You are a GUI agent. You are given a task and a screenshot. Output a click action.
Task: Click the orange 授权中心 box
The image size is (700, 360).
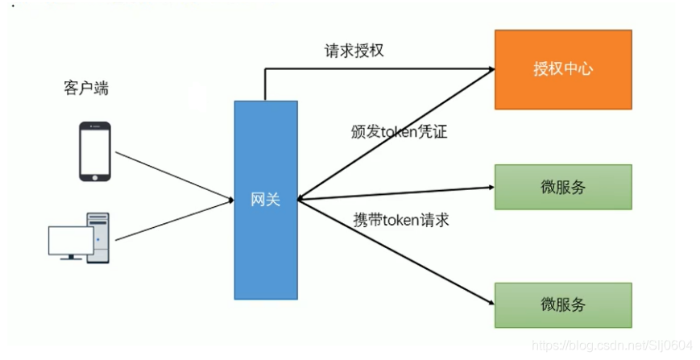pyautogui.click(x=562, y=69)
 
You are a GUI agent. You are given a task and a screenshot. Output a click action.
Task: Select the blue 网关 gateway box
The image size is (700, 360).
pyautogui.click(x=265, y=199)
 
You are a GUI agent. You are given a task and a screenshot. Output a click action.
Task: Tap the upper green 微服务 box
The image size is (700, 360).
pyautogui.click(x=562, y=188)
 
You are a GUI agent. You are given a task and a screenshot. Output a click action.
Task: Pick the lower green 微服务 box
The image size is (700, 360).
pyautogui.click(x=562, y=304)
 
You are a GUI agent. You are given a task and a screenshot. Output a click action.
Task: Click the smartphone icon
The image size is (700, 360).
pyautogui.click(x=94, y=151)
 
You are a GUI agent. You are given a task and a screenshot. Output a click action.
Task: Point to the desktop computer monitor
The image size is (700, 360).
pyautogui.click(x=70, y=241)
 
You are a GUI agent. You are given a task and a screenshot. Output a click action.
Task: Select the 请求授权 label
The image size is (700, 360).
pyautogui.click(x=354, y=51)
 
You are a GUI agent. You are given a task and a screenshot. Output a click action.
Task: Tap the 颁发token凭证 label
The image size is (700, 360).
pyautogui.click(x=399, y=132)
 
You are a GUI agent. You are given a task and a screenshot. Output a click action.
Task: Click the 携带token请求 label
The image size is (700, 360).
pyautogui.click(x=400, y=219)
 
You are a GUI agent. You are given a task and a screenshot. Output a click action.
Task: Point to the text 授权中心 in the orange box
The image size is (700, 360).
pyautogui.click(x=562, y=69)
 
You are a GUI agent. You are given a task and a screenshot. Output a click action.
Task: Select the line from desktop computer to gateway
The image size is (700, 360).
pyautogui.click(x=173, y=220)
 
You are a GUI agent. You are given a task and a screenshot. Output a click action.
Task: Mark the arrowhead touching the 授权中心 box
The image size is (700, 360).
pyautogui.click(x=489, y=71)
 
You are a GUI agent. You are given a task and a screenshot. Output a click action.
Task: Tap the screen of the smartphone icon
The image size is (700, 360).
pyautogui.click(x=94, y=150)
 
